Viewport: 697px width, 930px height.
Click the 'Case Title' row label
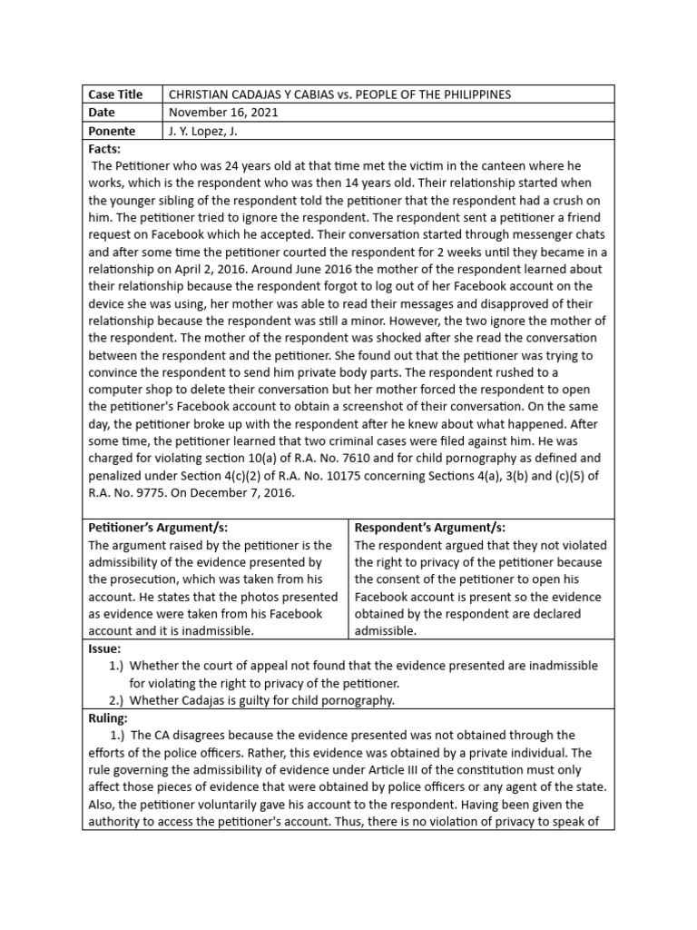pos(115,94)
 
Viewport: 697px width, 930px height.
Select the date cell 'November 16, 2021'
pos(224,113)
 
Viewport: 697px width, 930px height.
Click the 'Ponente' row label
pos(112,131)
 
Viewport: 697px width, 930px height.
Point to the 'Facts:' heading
pos(104,148)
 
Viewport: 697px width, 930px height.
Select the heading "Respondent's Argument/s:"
pos(429,528)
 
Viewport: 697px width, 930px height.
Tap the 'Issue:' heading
pos(104,648)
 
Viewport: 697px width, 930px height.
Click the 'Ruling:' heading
pos(108,717)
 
